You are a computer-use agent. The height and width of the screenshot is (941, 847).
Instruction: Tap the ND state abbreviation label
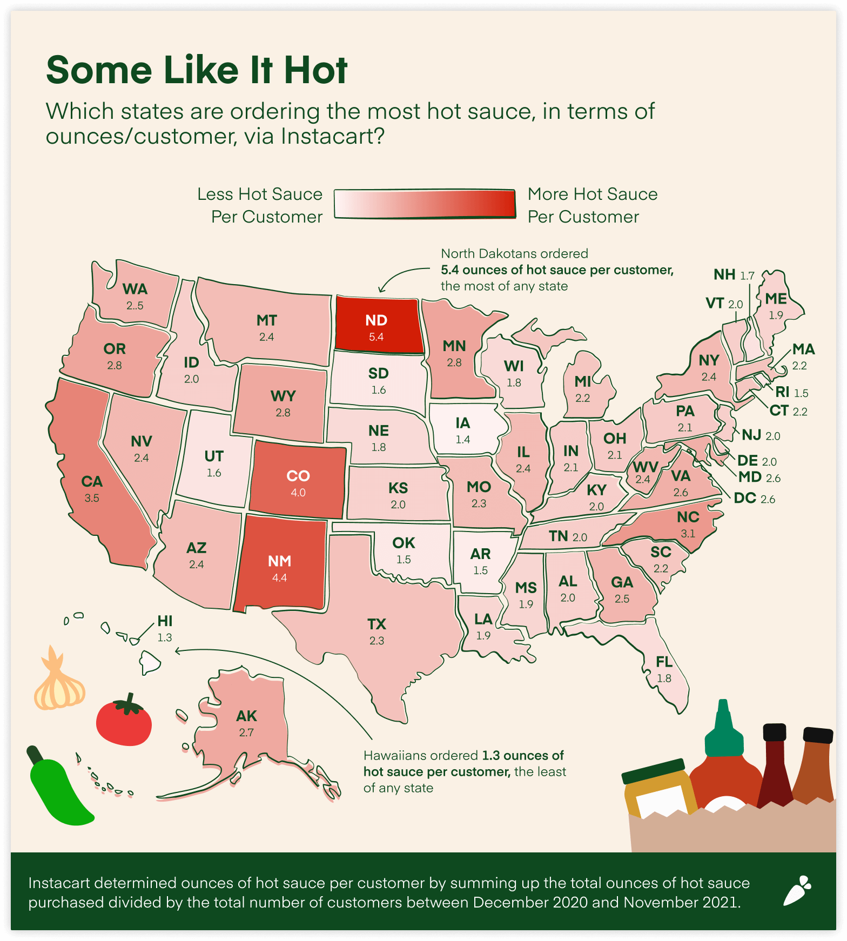[376, 320]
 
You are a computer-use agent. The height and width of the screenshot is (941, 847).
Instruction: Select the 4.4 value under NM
[279, 577]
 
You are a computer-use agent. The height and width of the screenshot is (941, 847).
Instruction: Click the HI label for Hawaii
[165, 621]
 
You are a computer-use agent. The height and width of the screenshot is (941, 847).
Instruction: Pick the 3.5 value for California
[92, 498]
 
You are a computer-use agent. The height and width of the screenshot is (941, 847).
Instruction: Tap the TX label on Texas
[377, 624]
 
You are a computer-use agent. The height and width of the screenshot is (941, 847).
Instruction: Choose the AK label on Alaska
[246, 716]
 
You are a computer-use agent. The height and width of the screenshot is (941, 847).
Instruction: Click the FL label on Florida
[664, 662]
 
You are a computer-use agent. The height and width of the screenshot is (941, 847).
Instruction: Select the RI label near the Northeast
[782, 392]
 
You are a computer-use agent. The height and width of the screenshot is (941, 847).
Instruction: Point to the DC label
[745, 498]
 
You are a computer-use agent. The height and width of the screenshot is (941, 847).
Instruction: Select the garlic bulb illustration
[59, 683]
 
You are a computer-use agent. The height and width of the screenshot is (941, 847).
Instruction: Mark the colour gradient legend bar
[425, 204]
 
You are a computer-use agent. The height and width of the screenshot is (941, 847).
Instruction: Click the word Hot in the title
[315, 70]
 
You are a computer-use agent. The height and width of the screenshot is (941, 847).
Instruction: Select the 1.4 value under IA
[462, 440]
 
